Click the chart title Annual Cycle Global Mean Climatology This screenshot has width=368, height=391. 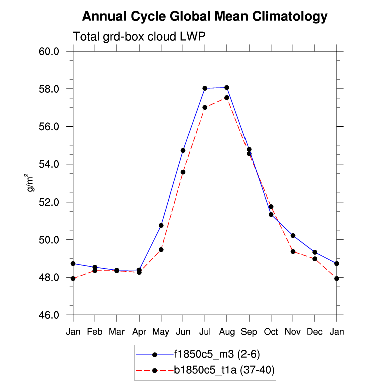pos(204,17)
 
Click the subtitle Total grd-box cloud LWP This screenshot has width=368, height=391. pos(140,37)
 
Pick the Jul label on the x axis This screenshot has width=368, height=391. pos(205,331)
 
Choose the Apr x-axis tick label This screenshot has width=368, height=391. pos(139,331)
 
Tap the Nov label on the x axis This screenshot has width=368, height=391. pos(293,331)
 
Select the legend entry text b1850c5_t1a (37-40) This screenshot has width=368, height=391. pos(224,370)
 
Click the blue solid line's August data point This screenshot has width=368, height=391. pos(227,88)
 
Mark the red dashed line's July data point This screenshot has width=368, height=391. pos(205,107)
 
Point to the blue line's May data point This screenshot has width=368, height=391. pos(161,225)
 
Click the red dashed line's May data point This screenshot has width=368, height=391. pos(161,249)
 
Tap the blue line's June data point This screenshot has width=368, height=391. pos(183,150)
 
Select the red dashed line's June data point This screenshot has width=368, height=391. pos(183,172)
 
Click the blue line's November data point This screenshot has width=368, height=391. pos(293,236)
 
